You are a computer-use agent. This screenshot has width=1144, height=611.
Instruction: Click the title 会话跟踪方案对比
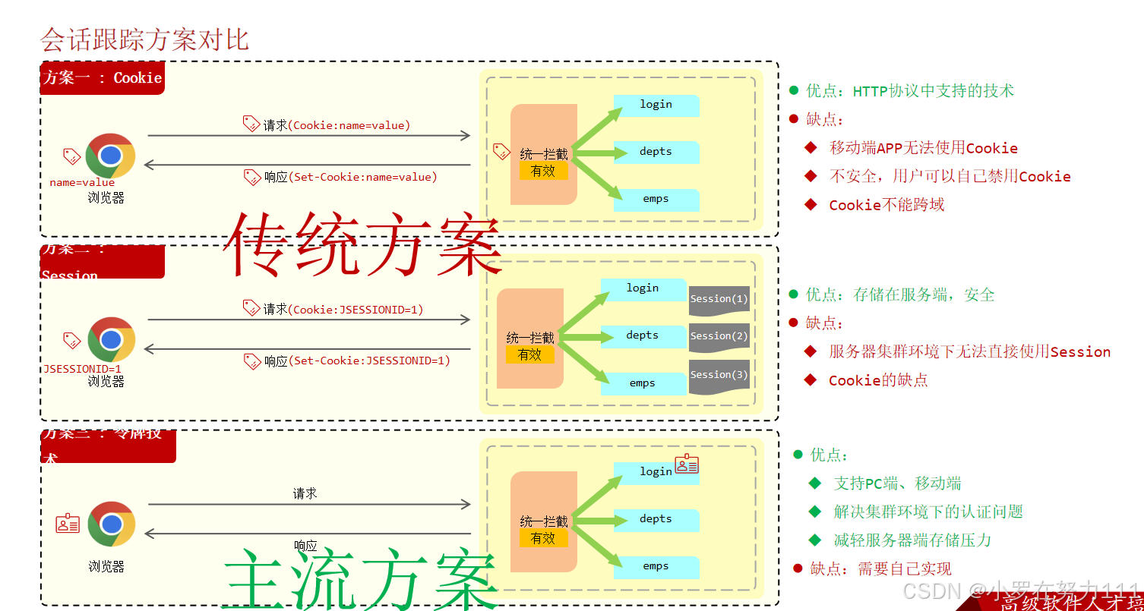point(144,39)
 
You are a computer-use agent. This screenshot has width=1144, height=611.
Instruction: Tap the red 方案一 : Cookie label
point(103,78)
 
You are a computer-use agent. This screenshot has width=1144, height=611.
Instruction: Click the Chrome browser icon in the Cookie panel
point(110,156)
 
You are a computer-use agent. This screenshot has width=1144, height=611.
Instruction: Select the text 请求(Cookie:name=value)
point(337,125)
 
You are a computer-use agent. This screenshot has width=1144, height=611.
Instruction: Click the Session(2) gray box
point(719,336)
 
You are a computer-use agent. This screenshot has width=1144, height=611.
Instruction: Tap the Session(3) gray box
point(719,375)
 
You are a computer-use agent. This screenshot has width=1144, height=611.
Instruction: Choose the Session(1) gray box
point(719,299)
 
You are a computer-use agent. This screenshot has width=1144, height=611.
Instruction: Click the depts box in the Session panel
point(643,335)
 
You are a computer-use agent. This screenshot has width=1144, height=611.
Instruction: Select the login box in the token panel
point(656,472)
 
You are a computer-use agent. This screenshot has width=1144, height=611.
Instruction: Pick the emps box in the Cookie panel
point(656,199)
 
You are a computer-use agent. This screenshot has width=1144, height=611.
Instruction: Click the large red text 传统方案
point(362,244)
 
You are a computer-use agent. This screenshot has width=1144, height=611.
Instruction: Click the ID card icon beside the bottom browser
point(68,523)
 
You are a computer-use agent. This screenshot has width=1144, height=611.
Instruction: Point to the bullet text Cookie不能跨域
point(886,205)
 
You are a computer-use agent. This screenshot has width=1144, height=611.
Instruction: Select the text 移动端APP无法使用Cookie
point(923,148)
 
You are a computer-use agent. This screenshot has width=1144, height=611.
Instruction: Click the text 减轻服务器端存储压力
point(912,540)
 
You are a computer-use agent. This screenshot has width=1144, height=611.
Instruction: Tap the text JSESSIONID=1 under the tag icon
point(82,369)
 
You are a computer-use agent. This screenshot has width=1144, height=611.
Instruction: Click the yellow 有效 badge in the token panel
point(543,538)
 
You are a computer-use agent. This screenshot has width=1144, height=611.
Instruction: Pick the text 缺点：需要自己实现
point(880,569)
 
